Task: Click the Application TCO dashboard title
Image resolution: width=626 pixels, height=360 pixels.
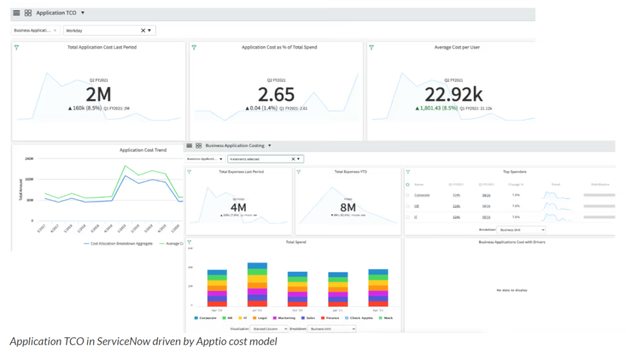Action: click(x=56, y=13)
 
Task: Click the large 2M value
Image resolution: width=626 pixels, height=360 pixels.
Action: click(x=98, y=95)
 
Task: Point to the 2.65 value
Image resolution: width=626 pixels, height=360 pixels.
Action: click(x=276, y=95)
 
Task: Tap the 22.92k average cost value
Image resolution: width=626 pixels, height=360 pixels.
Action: click(x=454, y=95)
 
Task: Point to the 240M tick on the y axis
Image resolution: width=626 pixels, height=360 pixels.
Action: click(x=29, y=159)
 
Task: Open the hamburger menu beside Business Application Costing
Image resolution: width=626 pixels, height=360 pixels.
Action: click(x=190, y=146)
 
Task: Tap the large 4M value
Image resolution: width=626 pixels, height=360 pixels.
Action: click(x=238, y=207)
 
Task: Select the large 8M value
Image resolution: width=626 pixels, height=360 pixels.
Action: click(x=348, y=207)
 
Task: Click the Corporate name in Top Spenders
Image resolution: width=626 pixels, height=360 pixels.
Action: click(x=422, y=195)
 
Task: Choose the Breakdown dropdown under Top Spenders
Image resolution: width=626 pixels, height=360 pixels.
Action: click(x=520, y=230)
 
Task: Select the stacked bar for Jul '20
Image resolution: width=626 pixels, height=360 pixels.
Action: click(x=257, y=285)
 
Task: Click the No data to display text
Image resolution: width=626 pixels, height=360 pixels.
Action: click(x=512, y=290)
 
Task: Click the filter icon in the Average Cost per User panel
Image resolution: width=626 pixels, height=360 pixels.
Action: click(x=372, y=47)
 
